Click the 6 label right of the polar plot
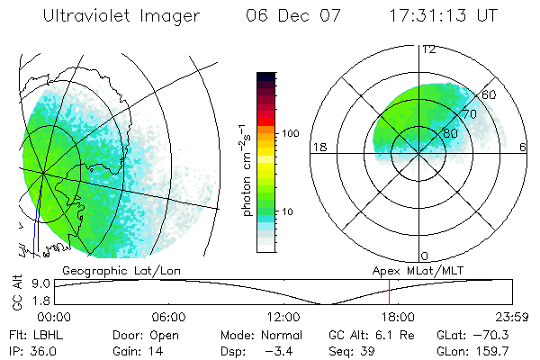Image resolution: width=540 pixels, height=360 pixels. (524, 148)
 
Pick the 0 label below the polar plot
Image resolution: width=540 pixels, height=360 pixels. (425, 256)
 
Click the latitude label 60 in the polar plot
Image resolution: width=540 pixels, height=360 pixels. (490, 94)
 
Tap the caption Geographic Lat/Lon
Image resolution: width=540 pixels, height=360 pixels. (105, 269)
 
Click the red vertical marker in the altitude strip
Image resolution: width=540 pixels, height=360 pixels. (389, 292)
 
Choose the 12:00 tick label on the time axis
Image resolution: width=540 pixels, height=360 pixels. (283, 317)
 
